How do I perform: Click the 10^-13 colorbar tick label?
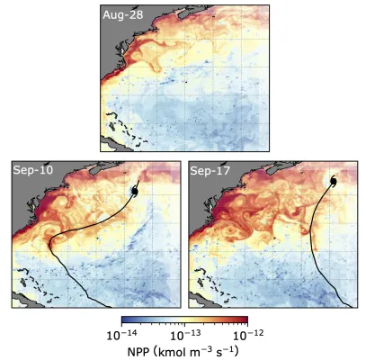click(183, 334)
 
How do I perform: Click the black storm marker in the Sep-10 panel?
click(133, 191)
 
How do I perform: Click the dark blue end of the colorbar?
click(124, 318)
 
